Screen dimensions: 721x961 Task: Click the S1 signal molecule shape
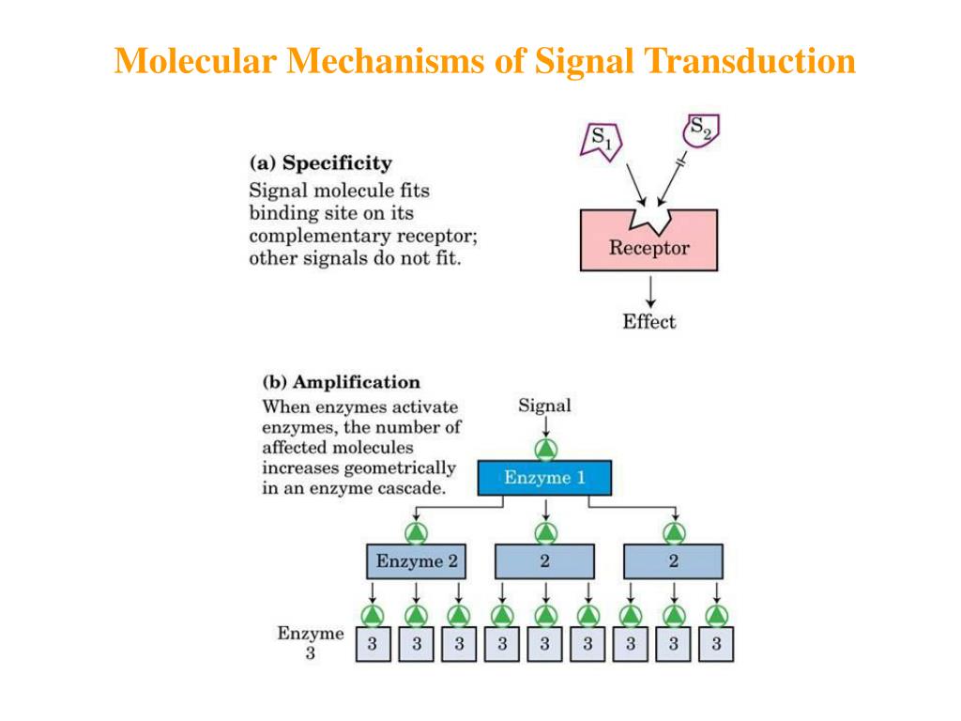(x=602, y=142)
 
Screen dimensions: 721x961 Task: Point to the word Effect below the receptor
(x=648, y=322)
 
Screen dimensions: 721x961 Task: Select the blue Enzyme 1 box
(x=544, y=478)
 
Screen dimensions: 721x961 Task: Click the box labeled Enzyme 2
(x=417, y=561)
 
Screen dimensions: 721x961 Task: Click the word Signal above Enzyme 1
(x=544, y=406)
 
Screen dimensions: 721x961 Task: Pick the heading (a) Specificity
(x=319, y=163)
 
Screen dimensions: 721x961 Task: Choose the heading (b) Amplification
(x=341, y=382)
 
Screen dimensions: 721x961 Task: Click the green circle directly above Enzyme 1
(x=545, y=448)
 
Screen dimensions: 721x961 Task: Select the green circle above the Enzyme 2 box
(x=417, y=532)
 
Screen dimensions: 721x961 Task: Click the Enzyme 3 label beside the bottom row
(x=310, y=643)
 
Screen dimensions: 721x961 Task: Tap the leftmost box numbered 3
(x=373, y=644)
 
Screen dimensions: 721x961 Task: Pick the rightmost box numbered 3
(x=716, y=644)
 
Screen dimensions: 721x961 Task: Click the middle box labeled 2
(x=544, y=561)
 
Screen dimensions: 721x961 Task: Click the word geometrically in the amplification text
(x=401, y=468)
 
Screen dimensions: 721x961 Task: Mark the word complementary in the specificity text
(x=309, y=236)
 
